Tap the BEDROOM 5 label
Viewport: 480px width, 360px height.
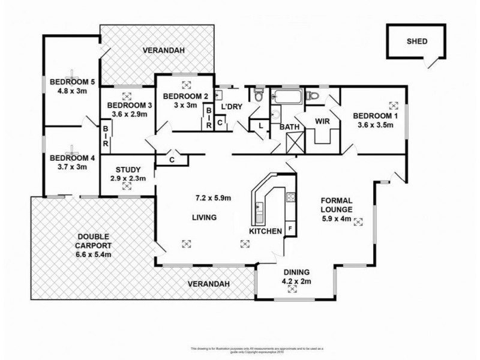point(69,82)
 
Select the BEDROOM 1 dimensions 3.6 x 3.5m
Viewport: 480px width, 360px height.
point(373,125)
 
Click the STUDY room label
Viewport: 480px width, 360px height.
point(127,169)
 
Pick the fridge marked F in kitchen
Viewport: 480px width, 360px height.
point(290,229)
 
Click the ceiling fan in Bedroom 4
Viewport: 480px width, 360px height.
point(72,148)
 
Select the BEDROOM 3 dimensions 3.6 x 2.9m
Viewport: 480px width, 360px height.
point(127,114)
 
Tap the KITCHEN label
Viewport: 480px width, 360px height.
point(266,231)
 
